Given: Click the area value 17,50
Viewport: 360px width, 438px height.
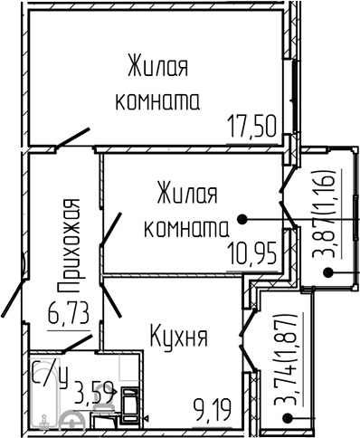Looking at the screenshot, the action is click(251, 126).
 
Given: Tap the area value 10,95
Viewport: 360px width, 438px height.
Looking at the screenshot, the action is click(252, 254).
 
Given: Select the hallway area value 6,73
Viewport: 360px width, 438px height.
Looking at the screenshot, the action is click(69, 313).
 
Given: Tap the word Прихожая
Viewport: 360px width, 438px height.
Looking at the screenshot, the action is click(69, 245).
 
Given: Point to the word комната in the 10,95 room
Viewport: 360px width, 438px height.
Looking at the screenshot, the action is click(186, 228).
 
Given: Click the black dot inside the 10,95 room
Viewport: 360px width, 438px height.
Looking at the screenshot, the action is click(242, 219).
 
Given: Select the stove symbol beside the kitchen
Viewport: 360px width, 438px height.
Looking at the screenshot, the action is click(130, 405).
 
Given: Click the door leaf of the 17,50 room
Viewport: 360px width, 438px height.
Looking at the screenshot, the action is click(73, 138).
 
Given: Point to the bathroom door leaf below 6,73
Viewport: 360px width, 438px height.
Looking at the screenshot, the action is click(78, 343).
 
